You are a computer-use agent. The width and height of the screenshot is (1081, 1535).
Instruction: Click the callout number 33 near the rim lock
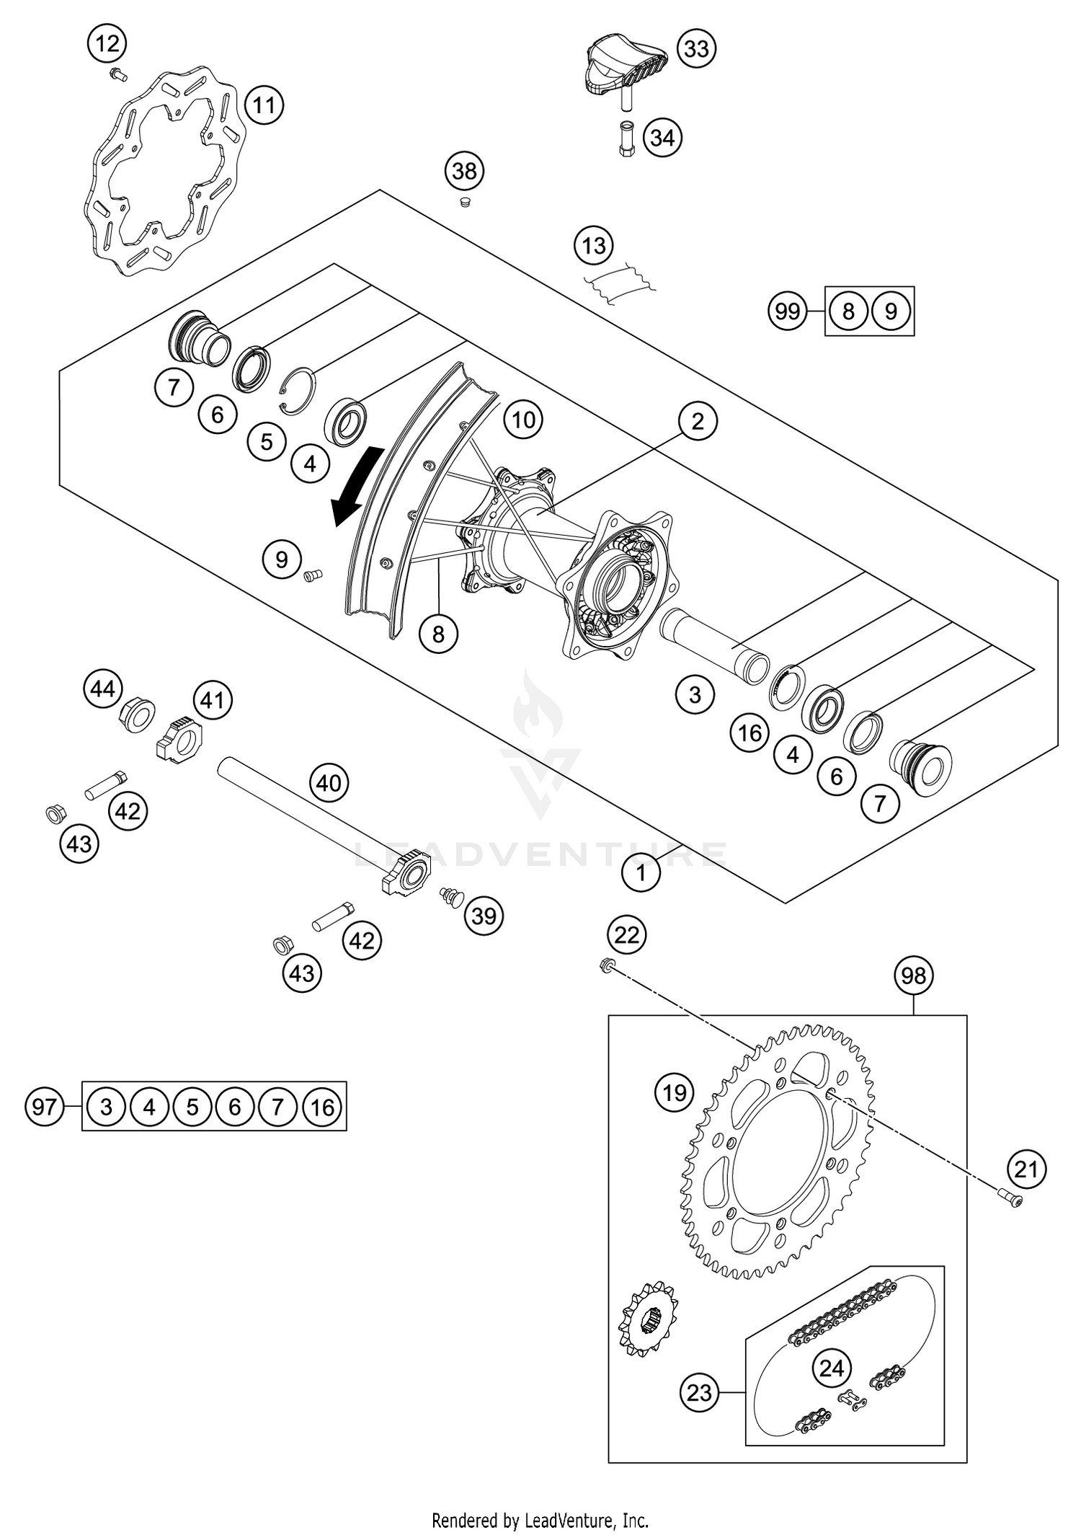[696, 49]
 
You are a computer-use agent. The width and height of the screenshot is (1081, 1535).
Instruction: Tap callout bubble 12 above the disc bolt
[107, 44]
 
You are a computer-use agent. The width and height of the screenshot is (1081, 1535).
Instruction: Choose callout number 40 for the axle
[329, 782]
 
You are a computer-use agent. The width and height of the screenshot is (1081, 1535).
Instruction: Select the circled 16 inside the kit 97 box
[322, 1106]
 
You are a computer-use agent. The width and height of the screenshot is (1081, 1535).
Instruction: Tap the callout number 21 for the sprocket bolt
[1026, 1169]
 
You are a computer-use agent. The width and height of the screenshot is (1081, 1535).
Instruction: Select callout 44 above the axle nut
[102, 689]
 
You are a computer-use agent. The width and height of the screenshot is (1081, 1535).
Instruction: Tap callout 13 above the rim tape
[594, 246]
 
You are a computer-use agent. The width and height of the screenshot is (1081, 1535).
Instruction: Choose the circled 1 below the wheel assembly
[641, 874]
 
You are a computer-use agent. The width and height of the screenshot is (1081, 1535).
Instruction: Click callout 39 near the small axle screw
[484, 916]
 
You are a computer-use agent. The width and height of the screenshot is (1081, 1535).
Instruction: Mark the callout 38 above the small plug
[464, 171]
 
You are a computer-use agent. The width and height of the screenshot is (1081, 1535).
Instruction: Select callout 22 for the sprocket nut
[626, 935]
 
